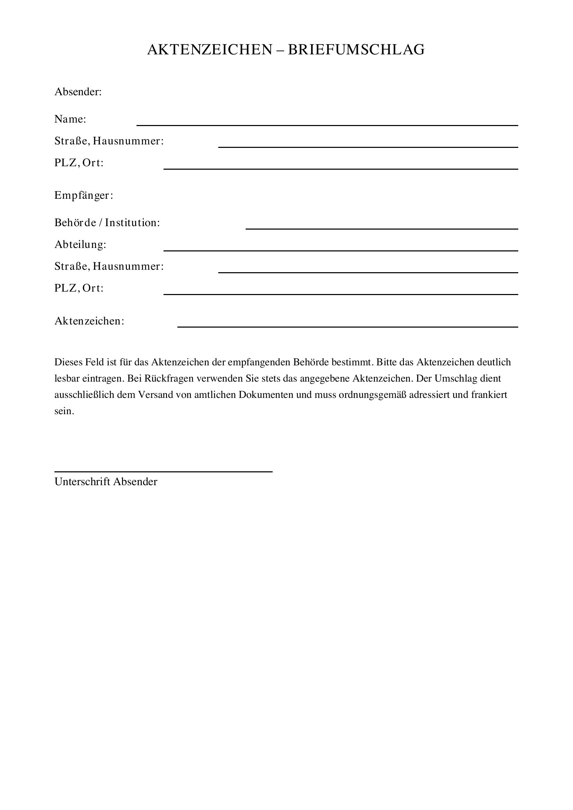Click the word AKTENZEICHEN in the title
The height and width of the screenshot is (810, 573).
[x=210, y=50]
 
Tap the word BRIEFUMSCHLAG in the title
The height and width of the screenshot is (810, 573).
[x=356, y=50]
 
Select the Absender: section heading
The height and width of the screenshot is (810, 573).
[x=78, y=92]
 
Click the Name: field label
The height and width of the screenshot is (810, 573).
[x=70, y=119]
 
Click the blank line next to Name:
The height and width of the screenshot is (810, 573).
[x=327, y=125]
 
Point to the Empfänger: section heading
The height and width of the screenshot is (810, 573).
[x=83, y=195]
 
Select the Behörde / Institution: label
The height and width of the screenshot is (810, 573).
[x=107, y=223]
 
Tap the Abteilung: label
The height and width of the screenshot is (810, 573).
[x=80, y=244]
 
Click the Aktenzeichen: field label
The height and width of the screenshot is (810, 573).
[x=89, y=321]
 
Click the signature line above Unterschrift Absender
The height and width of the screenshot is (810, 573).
[x=164, y=471]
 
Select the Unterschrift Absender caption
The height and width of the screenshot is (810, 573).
[x=106, y=482]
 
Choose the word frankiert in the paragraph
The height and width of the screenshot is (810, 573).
[x=489, y=395]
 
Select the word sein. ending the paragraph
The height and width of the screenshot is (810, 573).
[x=64, y=411]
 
